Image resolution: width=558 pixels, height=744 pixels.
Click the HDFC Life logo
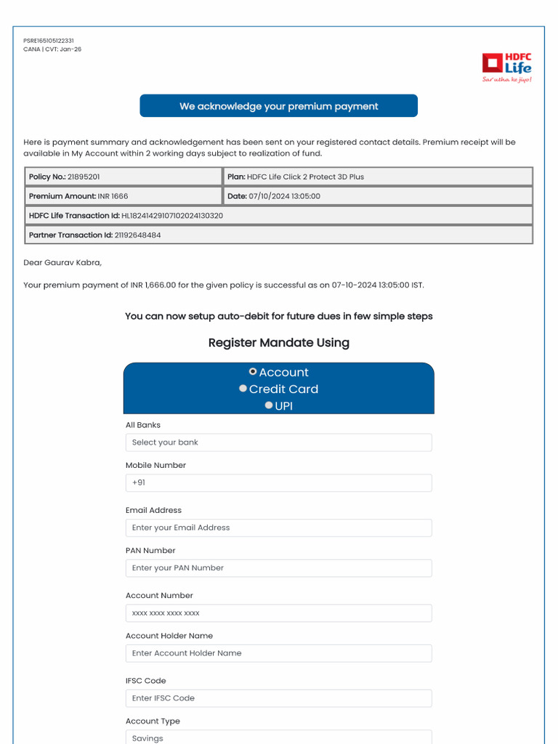507,67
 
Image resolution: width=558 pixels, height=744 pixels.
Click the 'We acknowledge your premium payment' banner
278,106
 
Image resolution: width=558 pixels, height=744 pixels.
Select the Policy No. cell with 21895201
122,177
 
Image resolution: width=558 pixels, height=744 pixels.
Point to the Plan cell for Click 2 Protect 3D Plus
377,177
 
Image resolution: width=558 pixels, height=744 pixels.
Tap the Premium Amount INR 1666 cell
122,196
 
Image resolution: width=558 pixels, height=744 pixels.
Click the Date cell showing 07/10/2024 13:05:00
377,196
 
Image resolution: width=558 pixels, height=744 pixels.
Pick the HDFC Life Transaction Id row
278,216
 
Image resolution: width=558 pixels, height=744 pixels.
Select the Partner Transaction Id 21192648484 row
278,235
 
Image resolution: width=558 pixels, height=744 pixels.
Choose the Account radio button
253,371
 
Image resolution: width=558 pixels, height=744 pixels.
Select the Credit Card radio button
243,389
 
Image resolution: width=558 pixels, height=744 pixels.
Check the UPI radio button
269,405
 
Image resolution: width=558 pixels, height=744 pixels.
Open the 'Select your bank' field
278,442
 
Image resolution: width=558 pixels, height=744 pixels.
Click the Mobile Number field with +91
278,482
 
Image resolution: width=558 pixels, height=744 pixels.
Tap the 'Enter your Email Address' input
278,527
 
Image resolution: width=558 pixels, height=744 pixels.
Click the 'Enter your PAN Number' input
278,568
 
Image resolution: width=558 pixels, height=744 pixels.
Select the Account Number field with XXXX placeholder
278,613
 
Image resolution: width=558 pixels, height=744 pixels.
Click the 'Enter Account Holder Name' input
278,653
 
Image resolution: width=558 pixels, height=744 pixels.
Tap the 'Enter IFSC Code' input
278,698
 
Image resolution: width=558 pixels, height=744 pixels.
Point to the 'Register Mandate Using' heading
278,343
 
